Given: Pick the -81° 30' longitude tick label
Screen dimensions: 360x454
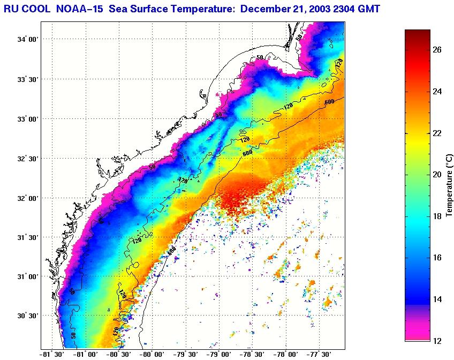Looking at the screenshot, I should point(51,354).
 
